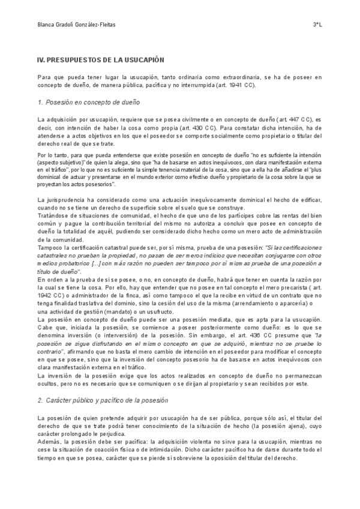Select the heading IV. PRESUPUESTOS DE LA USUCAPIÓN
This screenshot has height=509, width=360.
click(x=101, y=61)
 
